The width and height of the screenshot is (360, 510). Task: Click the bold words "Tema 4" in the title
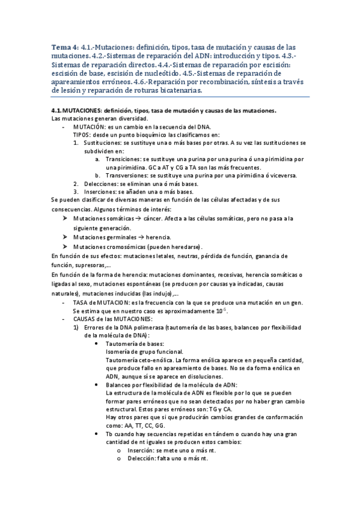[x=63, y=48]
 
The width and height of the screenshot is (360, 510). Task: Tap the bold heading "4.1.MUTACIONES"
[x=76, y=111]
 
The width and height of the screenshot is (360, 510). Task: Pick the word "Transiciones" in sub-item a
[x=124, y=159]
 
